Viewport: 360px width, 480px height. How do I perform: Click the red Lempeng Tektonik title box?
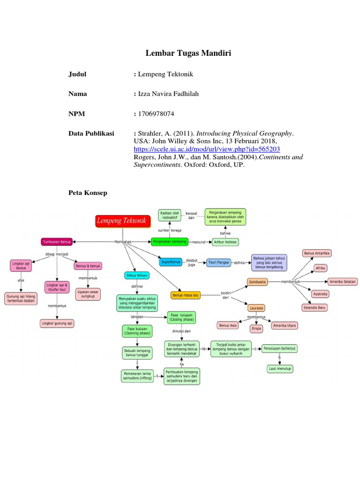click(x=121, y=220)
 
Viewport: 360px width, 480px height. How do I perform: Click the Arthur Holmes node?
click(x=225, y=242)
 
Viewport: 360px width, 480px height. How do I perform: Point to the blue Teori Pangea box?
click(x=220, y=262)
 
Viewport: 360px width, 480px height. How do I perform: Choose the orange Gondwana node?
click(x=257, y=282)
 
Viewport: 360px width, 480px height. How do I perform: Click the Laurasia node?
click(x=256, y=307)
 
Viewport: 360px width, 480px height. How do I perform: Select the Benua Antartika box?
click(x=317, y=253)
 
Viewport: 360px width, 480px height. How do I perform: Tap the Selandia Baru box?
click(x=315, y=307)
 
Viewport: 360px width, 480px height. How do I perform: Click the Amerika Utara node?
click(x=285, y=325)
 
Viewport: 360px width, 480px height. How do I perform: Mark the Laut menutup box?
click(x=280, y=369)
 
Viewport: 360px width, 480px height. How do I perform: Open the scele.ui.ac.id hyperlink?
click(x=207, y=149)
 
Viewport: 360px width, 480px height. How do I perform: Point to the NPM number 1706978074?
click(x=156, y=113)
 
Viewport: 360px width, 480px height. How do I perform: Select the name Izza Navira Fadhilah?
click(x=168, y=94)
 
